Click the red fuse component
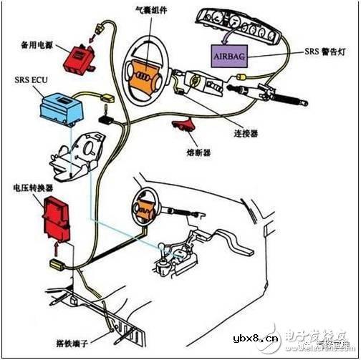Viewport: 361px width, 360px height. pyautogui.click(x=183, y=126)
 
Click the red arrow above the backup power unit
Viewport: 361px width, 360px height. pyautogui.click(x=93, y=29)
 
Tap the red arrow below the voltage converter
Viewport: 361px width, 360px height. pyautogui.click(x=58, y=250)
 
